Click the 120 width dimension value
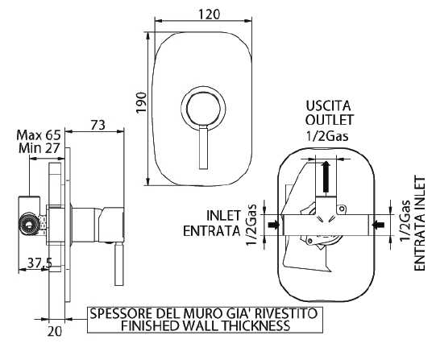tap(209, 14)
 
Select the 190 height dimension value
tap(142, 102)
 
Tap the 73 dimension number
tap(98, 126)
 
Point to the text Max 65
tap(39, 135)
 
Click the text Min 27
tap(39, 148)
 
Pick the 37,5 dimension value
tap(39, 263)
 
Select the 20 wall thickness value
tap(54, 331)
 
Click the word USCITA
tap(328, 106)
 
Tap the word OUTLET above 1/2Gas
tap(330, 120)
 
